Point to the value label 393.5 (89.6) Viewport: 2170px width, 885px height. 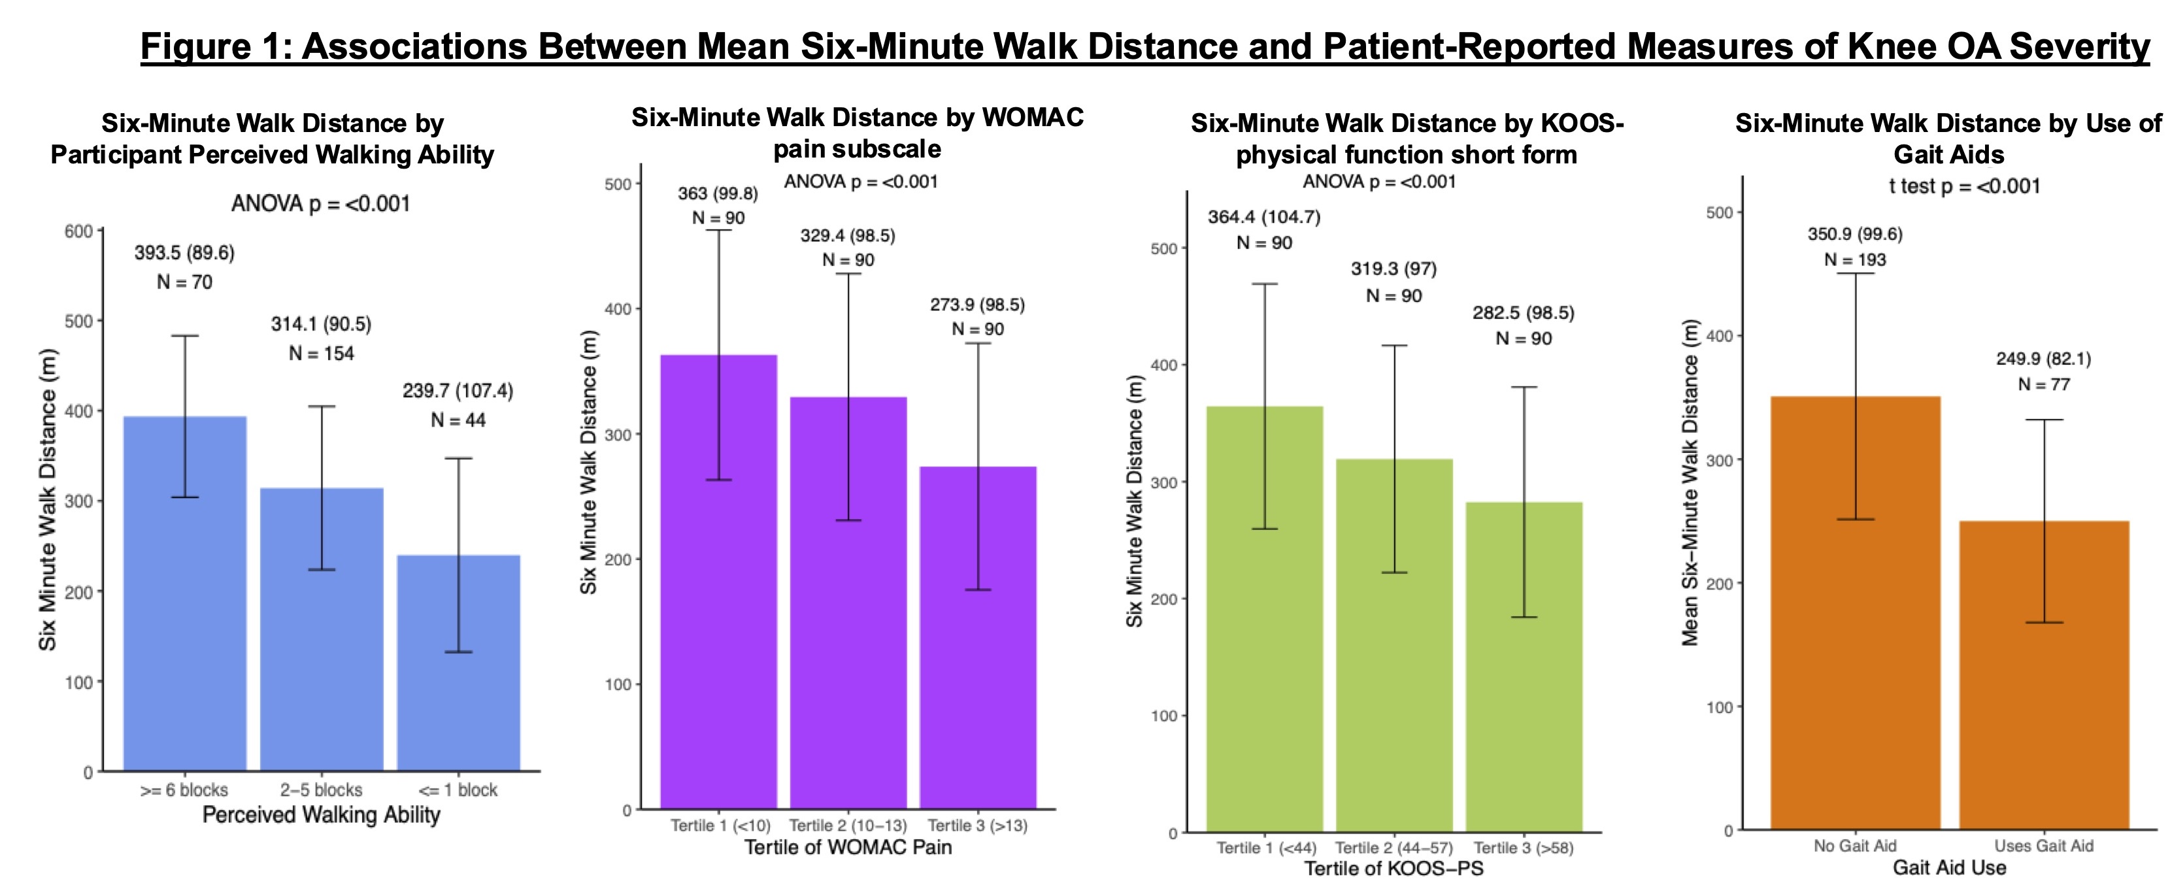point(184,252)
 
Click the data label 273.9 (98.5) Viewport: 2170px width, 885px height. point(977,305)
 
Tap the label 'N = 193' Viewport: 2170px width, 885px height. point(1855,260)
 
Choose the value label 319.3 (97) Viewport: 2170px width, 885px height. point(1394,269)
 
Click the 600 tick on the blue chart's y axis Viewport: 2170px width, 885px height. point(78,231)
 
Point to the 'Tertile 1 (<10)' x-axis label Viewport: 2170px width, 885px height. point(720,826)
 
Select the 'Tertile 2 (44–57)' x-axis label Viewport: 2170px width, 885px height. point(1394,848)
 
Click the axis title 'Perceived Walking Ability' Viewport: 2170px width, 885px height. point(321,815)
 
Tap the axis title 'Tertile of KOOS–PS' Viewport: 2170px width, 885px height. point(1394,868)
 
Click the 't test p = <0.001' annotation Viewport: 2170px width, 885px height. point(1965,186)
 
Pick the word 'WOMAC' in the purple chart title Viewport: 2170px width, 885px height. point(1033,117)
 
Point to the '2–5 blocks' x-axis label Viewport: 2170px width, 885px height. point(321,790)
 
